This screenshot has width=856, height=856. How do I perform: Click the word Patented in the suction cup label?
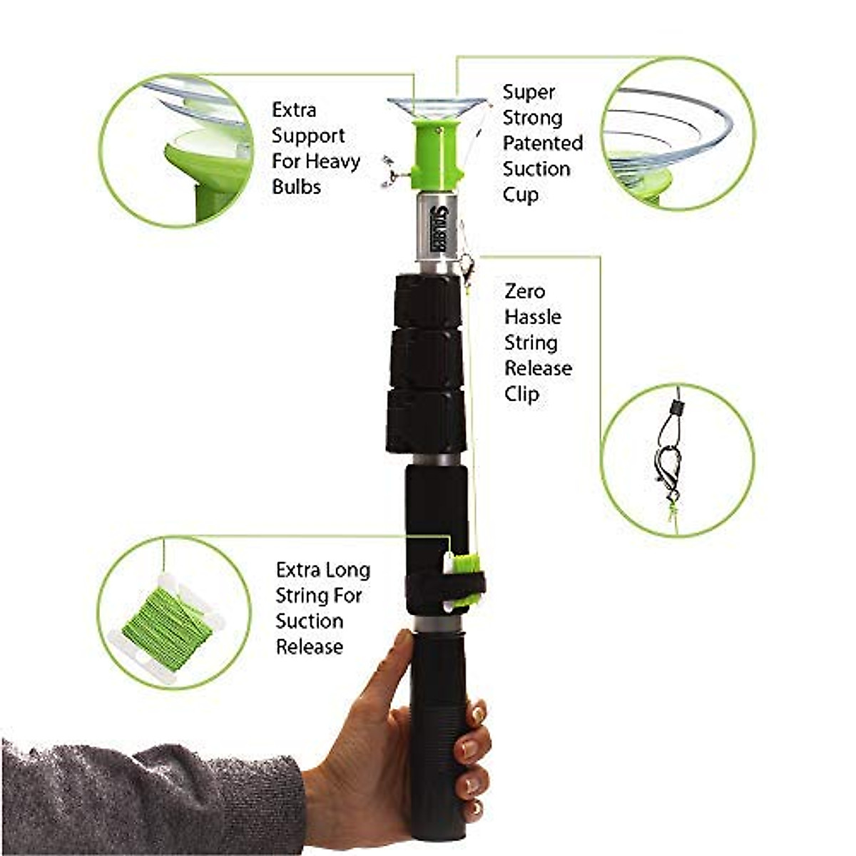(542, 143)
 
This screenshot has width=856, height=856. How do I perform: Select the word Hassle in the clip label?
(532, 317)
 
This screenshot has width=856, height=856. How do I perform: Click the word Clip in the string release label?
(521, 394)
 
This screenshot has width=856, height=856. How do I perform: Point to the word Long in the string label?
(348, 570)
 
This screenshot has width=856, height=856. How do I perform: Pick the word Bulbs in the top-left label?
(296, 187)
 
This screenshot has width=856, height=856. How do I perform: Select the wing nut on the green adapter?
(392, 172)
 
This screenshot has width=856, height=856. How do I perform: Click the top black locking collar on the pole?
(427, 300)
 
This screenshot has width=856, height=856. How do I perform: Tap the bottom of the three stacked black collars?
(427, 421)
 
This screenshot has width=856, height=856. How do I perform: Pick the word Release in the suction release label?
(309, 647)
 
